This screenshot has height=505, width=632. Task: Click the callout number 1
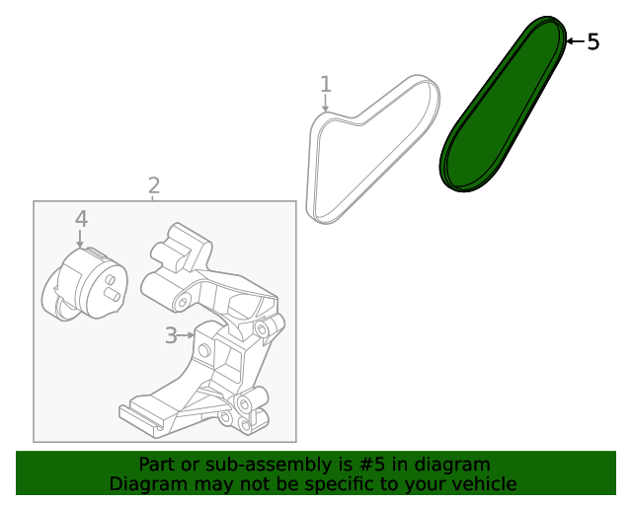point(326,85)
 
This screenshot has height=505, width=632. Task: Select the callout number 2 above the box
point(154,184)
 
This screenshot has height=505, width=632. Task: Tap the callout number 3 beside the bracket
point(171,335)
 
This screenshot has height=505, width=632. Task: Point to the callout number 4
point(81,218)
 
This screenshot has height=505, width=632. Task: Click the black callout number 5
point(592,41)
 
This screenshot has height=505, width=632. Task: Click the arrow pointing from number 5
point(574,41)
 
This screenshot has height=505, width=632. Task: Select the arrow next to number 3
point(187,335)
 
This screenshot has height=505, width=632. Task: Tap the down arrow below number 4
point(81,238)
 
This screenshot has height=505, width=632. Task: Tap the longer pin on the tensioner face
point(113,294)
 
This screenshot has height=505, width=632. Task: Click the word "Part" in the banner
point(156,465)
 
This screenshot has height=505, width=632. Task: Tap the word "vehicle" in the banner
point(484,483)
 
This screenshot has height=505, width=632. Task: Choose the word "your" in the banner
point(427,483)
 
